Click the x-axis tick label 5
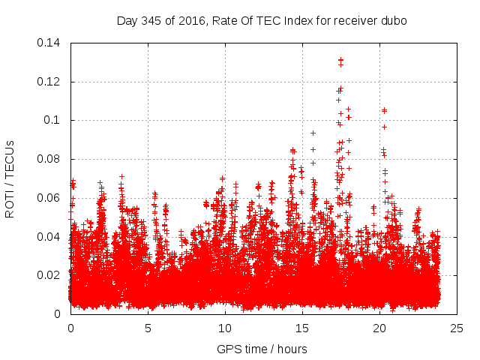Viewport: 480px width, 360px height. click(148, 328)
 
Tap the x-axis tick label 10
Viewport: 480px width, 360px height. click(225, 328)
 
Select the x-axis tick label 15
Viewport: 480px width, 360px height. click(302, 328)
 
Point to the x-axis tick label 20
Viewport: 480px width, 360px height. click(379, 328)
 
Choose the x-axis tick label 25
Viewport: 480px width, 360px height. click(457, 328)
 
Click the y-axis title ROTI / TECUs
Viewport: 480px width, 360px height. click(10, 179)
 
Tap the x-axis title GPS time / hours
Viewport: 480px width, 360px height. click(263, 348)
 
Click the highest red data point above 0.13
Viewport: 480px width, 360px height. click(340, 59)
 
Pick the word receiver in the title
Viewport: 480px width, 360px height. click(355, 20)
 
